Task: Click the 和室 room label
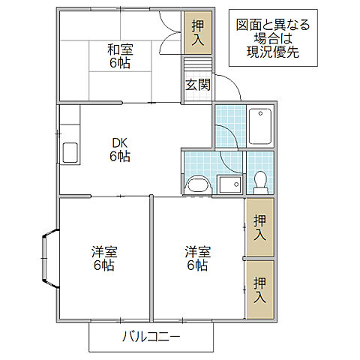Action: tap(120, 50)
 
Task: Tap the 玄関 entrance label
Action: tap(198, 85)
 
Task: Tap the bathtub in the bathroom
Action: tap(260, 127)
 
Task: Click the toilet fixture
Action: tap(260, 181)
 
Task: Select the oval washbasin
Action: tap(197, 184)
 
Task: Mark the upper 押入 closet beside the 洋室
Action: tap(259, 227)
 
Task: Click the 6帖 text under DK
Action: tap(120, 157)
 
